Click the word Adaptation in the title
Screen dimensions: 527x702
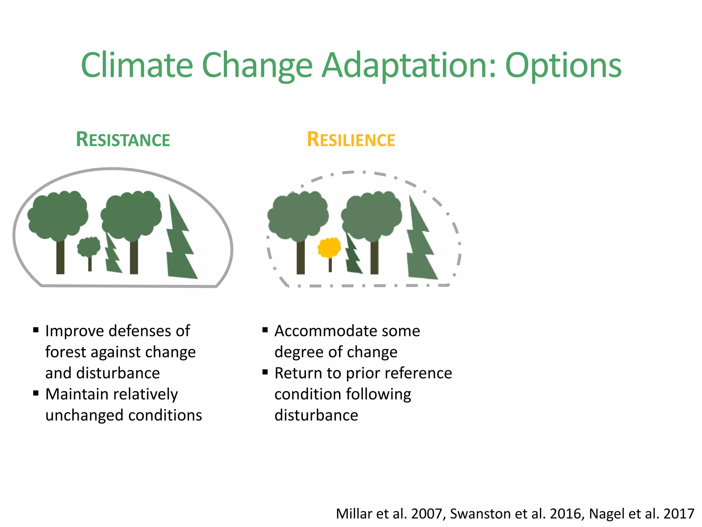click(x=409, y=65)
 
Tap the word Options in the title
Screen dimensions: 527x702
click(x=563, y=65)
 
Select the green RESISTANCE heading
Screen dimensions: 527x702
click(x=123, y=140)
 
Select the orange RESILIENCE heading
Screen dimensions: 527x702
click(x=351, y=140)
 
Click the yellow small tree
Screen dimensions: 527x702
click(x=329, y=247)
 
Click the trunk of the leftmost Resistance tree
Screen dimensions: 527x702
click(x=60, y=257)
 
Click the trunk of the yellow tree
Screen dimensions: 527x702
click(x=330, y=265)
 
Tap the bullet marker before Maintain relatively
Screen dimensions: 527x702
click(x=36, y=393)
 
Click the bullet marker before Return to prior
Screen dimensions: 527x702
click(x=265, y=372)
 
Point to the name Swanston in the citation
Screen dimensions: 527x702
click(x=480, y=514)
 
